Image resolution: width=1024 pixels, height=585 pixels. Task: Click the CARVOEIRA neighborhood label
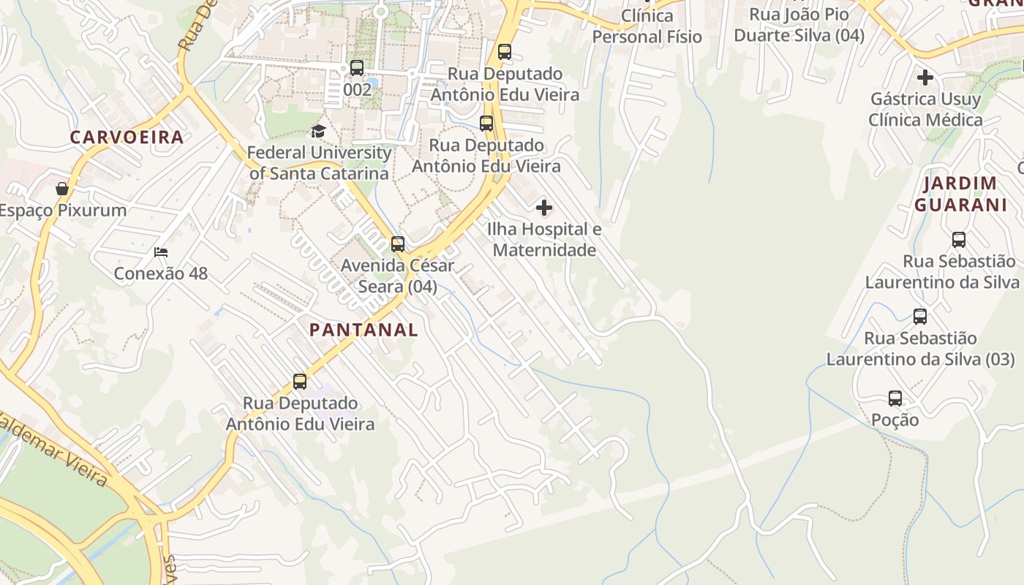point(127,137)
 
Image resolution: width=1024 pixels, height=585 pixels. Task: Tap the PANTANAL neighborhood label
point(364,330)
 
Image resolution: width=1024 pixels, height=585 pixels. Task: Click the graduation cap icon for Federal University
point(318,132)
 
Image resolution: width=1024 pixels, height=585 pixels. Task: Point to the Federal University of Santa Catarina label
point(319,163)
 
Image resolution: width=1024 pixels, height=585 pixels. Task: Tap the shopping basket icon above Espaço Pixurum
point(62,189)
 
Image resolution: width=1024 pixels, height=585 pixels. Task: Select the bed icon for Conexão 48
point(161,252)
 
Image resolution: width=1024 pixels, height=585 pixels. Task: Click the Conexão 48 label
point(161,273)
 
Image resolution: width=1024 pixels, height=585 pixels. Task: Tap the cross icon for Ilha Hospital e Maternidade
point(544,208)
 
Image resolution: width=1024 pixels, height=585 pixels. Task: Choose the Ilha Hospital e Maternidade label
point(544,240)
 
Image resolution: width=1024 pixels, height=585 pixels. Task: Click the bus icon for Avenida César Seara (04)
point(398,244)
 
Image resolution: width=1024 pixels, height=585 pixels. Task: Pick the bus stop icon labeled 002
point(357,68)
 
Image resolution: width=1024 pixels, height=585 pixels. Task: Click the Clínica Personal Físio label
point(647,26)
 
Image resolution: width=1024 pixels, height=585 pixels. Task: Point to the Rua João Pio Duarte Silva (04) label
point(799,25)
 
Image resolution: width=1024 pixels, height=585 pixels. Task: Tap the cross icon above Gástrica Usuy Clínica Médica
point(925,77)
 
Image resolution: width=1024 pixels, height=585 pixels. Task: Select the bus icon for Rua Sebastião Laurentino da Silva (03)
point(920,317)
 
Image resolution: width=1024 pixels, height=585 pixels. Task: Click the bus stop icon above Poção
point(895,399)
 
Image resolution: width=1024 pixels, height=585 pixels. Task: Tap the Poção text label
point(895,420)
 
